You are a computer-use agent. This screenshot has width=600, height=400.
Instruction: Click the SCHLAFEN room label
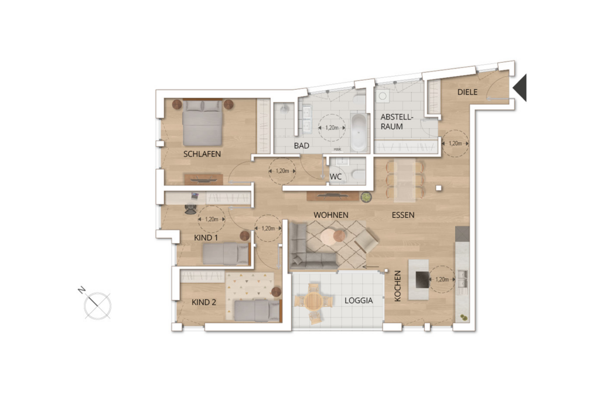click(202, 154)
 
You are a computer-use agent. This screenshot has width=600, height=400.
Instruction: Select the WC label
click(336, 176)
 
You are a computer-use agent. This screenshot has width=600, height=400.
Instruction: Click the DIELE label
click(468, 92)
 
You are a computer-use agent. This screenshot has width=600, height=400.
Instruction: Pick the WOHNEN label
click(330, 215)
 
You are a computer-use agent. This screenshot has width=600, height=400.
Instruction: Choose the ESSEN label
click(403, 215)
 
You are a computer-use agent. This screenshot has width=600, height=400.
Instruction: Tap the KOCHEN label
click(398, 286)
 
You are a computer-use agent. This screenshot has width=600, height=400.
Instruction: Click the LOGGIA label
click(359, 300)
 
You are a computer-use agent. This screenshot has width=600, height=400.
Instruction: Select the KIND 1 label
click(206, 238)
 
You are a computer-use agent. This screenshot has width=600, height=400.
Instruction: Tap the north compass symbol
click(97, 305)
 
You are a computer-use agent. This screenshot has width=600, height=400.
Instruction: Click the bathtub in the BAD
click(358, 132)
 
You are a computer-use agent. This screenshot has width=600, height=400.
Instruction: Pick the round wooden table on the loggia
click(313, 302)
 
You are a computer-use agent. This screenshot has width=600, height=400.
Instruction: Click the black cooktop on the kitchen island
click(422, 279)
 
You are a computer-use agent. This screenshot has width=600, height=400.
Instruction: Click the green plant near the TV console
click(366, 197)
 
